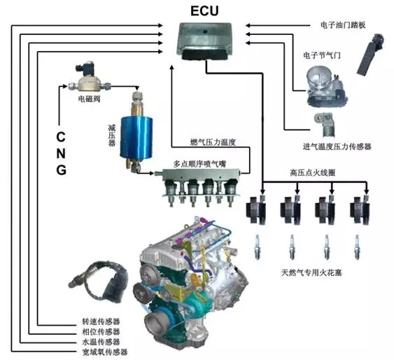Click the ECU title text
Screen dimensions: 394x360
tap(204, 11)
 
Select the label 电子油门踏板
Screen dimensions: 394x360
tap(343, 25)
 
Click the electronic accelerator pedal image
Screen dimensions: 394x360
tap(371, 54)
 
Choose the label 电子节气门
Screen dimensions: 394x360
tap(322, 55)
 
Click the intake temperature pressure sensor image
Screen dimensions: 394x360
tap(325, 125)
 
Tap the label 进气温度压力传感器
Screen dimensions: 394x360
tap(337, 146)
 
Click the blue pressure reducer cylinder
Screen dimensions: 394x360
tap(136, 139)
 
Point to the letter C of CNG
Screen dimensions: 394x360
tap(61, 137)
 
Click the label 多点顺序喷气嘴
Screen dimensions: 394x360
tap(199, 164)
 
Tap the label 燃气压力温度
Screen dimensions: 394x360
tap(213, 142)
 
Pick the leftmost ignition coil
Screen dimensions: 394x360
tap(256, 209)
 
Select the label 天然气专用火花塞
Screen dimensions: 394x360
tap(311, 272)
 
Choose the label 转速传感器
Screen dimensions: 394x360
tap(101, 321)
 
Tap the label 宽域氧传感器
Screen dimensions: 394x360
tap(105, 352)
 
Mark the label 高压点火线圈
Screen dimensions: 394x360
tap(313, 173)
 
